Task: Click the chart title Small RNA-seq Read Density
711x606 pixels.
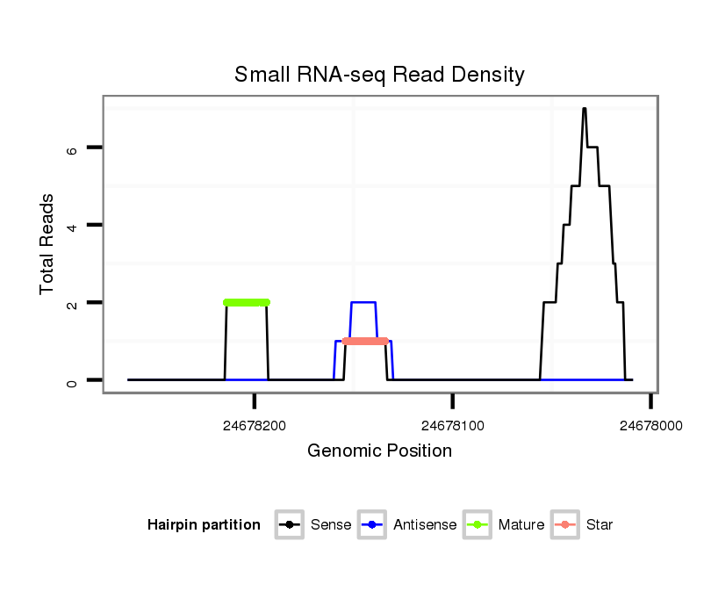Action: (x=379, y=75)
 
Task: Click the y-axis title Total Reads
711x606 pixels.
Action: (x=48, y=244)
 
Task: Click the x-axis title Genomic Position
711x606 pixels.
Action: (x=379, y=451)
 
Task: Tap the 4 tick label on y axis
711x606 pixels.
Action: (x=72, y=226)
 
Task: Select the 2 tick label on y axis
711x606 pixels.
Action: (x=72, y=303)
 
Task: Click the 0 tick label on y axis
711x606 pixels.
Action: (x=72, y=380)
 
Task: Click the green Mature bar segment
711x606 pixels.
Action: (x=247, y=302)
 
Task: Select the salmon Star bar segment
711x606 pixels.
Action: (x=365, y=341)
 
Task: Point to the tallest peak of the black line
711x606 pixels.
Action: (x=584, y=109)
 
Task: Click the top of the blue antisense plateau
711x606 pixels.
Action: (x=363, y=303)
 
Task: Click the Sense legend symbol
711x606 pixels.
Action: (x=291, y=525)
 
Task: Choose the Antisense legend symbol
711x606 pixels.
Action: (x=373, y=525)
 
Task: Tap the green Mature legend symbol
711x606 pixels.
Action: (x=478, y=525)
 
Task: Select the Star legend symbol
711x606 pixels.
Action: (x=565, y=525)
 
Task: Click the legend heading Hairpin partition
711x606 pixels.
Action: (x=204, y=525)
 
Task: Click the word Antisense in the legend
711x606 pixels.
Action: (x=425, y=525)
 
